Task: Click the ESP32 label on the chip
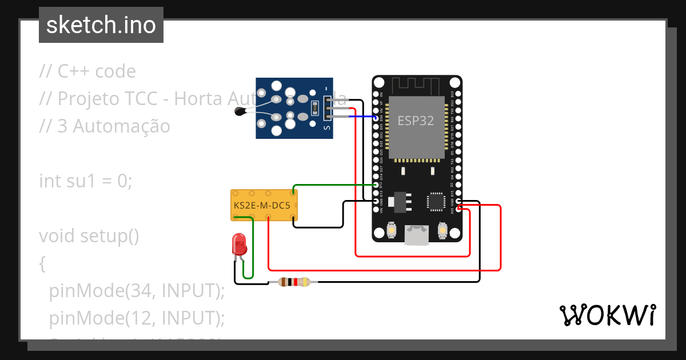coord(416,121)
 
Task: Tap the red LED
coord(239,245)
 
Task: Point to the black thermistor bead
coord(240,113)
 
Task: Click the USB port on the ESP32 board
coord(417,234)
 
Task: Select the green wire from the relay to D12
coord(334,185)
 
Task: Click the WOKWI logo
coord(607,315)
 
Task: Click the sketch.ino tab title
coord(101,25)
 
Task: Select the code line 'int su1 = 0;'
coord(86,181)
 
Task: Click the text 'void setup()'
coord(89,236)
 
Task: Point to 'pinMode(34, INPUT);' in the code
coord(137,291)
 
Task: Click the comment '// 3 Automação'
coord(105,126)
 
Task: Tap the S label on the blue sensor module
coord(328,129)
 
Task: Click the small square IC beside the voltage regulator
coord(436,202)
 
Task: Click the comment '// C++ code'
coord(87,71)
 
